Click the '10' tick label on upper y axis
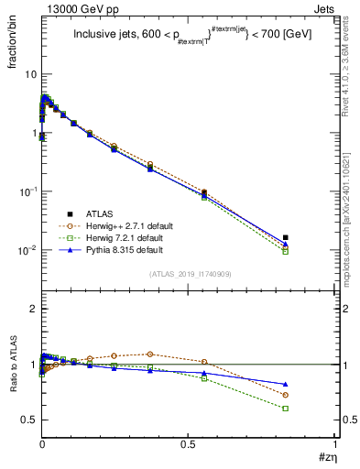[29, 73]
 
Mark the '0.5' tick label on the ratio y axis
[28, 420]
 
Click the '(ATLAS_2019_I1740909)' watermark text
[189, 274]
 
